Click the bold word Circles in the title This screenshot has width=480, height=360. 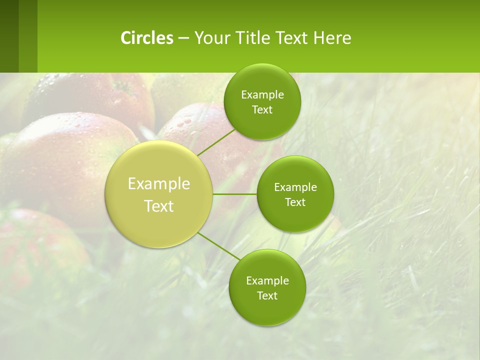[x=146, y=38]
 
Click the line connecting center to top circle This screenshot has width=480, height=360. [x=216, y=141]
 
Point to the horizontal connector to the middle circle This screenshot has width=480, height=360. [x=235, y=194]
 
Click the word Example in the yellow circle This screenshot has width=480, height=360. [x=159, y=184]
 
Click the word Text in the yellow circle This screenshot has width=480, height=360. [x=159, y=206]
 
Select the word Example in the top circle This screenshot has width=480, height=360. [x=262, y=95]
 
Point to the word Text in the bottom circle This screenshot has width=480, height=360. [x=267, y=295]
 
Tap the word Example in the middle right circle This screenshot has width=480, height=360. [x=295, y=187]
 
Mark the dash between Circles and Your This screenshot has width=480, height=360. [x=183, y=38]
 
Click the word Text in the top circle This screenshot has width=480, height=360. [x=262, y=110]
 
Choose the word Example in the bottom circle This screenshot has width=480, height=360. [x=267, y=280]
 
